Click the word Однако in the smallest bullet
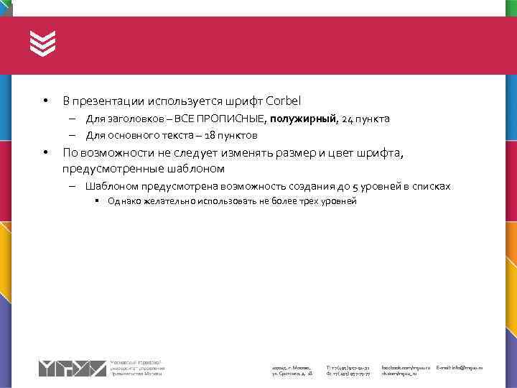tap(124, 201)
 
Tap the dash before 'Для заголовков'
tap(73, 119)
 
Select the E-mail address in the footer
tap(460, 367)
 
